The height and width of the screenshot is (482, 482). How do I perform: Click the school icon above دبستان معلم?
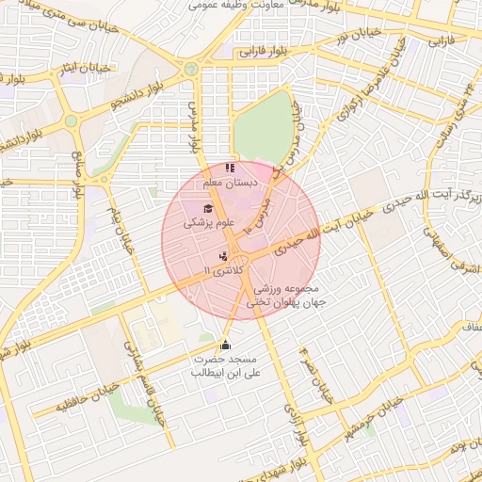click(231, 168)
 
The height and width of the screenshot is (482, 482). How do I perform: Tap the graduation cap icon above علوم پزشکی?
click(207, 209)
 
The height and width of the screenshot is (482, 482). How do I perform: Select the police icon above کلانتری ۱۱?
click(222, 255)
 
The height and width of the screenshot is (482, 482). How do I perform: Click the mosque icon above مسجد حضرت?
click(224, 345)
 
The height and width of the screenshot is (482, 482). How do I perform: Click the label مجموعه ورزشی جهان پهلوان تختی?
click(285, 296)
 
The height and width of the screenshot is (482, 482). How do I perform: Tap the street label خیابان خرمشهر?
click(376, 418)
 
